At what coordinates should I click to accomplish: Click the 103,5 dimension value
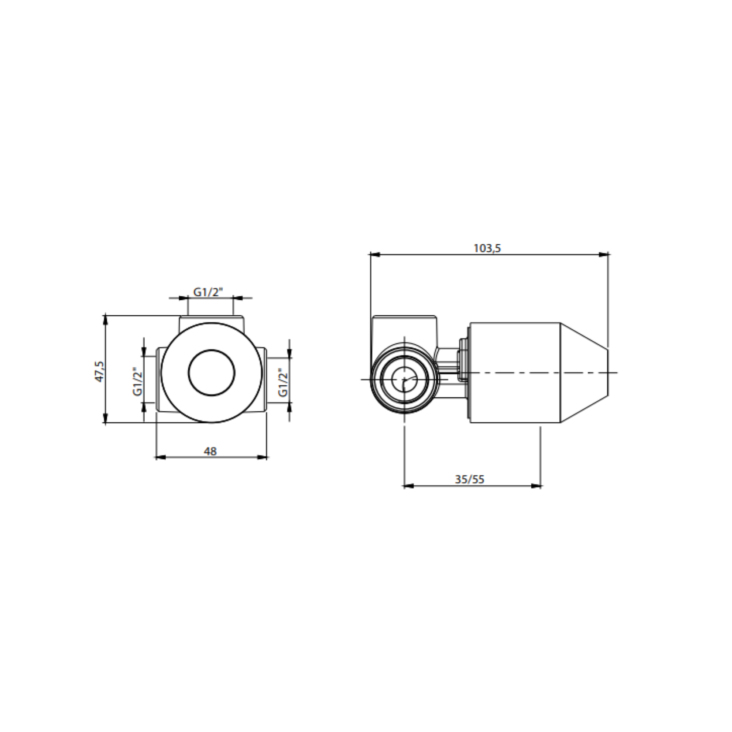pyautogui.click(x=487, y=248)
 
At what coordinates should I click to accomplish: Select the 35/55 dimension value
pyautogui.click(x=470, y=479)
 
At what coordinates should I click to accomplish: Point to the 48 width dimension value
pyautogui.click(x=210, y=451)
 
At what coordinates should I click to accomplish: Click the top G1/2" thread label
pyautogui.click(x=208, y=292)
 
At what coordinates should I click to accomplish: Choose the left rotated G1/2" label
pyautogui.click(x=138, y=381)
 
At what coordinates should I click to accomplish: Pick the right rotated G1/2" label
pyautogui.click(x=283, y=381)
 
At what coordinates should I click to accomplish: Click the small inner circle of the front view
pyautogui.click(x=212, y=373)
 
